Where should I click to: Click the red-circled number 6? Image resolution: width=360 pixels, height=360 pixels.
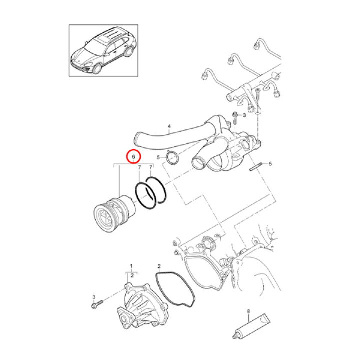(x=134, y=157)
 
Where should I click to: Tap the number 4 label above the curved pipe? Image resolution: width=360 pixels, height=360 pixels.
(x=169, y=126)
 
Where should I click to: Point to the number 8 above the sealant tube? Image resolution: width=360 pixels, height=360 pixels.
(x=248, y=311)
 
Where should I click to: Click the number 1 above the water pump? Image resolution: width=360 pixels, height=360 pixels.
(x=131, y=266)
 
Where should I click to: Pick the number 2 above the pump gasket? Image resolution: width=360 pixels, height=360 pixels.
(x=159, y=266)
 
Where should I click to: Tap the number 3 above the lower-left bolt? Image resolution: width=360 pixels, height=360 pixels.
(x=94, y=297)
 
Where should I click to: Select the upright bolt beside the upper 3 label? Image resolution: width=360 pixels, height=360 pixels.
(x=234, y=118)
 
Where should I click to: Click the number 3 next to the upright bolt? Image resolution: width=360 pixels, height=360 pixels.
(x=244, y=115)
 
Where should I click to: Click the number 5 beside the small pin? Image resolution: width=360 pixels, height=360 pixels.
(x=270, y=164)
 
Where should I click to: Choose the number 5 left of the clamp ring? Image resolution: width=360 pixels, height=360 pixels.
(x=158, y=157)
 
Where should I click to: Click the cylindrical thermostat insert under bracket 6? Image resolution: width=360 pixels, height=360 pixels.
(x=114, y=213)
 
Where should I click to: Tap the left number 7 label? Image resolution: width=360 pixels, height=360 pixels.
(x=139, y=168)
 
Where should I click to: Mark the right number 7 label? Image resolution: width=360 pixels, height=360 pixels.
(x=151, y=168)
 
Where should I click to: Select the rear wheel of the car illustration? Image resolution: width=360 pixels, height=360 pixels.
(x=129, y=51)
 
